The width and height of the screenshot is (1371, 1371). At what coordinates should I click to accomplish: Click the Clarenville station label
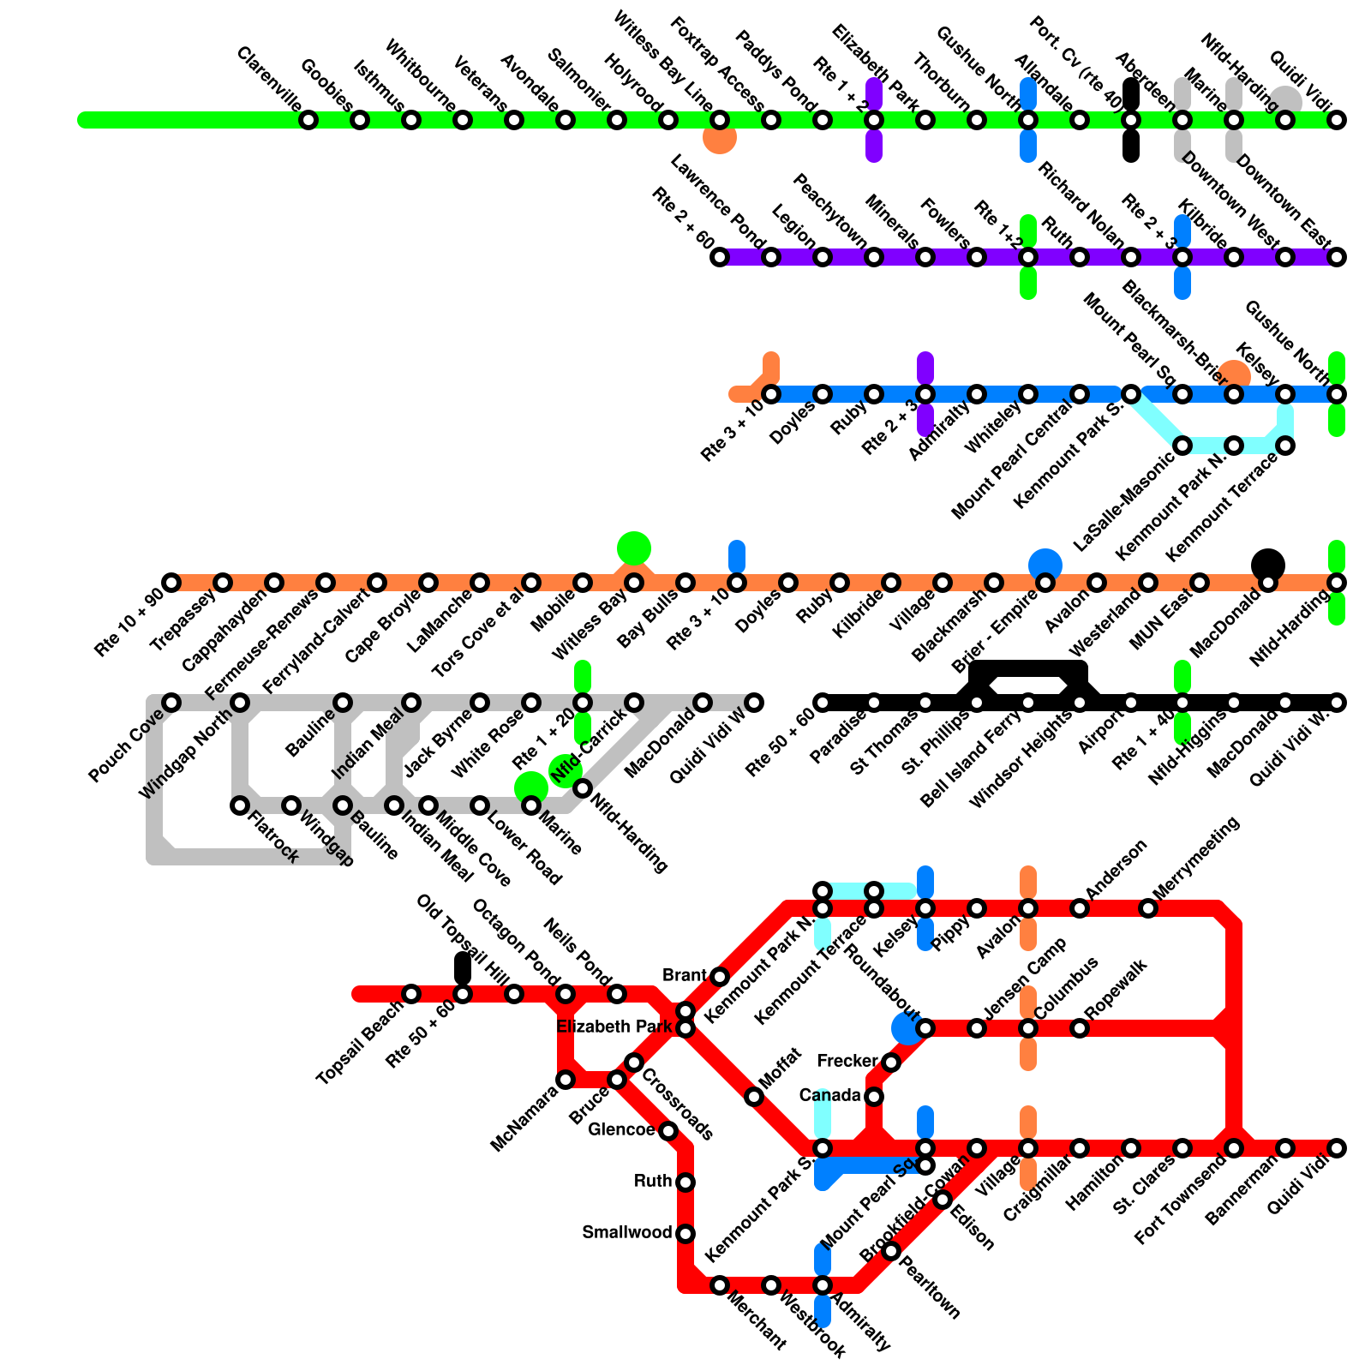[268, 79]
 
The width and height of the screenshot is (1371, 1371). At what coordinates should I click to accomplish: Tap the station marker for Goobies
[360, 120]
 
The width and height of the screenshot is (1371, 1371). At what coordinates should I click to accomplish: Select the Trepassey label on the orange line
[182, 620]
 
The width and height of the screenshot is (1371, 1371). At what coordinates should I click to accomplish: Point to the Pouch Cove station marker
[171, 703]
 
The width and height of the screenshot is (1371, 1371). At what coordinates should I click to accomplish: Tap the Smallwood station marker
[685, 1234]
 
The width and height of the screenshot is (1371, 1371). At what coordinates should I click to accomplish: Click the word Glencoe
[621, 1130]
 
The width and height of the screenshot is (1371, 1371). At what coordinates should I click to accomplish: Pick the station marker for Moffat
[754, 1097]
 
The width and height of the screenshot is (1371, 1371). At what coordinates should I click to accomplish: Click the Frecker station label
[847, 1062]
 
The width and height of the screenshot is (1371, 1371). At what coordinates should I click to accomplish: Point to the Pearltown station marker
[891, 1251]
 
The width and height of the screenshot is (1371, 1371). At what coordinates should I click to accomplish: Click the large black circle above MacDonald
[1268, 565]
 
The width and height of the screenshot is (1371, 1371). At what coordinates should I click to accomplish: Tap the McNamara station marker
[566, 1080]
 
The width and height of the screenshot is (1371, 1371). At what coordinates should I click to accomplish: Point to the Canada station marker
[874, 1096]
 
